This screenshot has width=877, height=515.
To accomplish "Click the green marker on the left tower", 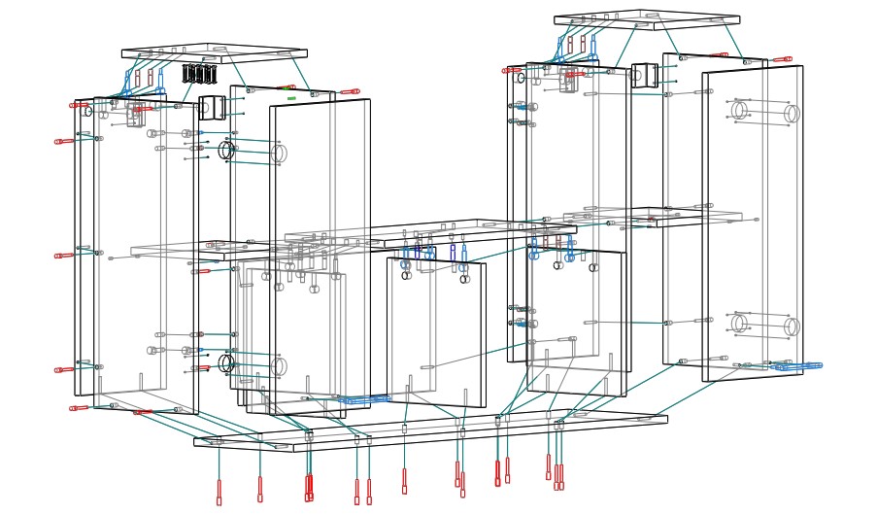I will click(291, 98).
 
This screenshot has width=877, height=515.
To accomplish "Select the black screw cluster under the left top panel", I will click(200, 74).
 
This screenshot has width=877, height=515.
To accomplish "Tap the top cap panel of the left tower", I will click(214, 51).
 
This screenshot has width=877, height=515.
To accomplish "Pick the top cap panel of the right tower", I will click(647, 18).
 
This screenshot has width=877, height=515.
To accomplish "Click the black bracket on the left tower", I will click(212, 107).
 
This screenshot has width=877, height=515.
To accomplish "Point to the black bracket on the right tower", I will click(644, 75).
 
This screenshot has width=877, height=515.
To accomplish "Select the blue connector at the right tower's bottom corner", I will click(797, 366).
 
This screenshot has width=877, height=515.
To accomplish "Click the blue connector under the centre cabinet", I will click(364, 399).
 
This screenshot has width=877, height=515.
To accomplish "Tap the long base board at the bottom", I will click(427, 432).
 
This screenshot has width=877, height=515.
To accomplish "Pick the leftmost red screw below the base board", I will click(219, 492).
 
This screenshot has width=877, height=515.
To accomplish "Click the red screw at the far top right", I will click(783, 59).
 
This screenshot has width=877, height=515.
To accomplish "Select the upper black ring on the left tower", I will click(226, 151).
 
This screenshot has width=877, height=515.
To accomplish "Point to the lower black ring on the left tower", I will click(226, 363).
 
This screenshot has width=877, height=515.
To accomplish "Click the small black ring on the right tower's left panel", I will click(521, 78).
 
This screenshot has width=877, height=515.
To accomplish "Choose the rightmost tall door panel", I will click(753, 223).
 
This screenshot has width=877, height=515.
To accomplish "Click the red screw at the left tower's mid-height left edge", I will click(65, 257).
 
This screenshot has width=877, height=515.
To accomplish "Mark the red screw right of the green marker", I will click(350, 92).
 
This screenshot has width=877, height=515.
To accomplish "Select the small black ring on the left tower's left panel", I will click(88, 112).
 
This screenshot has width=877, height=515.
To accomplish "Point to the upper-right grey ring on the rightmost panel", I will click(792, 114).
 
